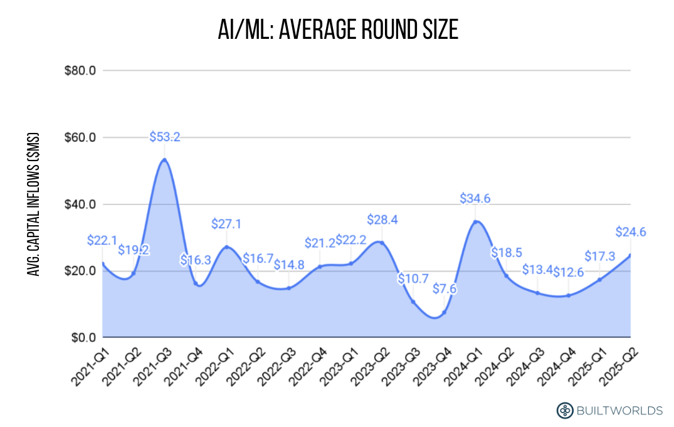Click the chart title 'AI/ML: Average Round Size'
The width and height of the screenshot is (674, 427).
338,29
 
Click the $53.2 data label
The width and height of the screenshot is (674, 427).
164,137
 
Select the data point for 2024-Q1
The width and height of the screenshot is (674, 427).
475,222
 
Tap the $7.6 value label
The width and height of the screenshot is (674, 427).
444,290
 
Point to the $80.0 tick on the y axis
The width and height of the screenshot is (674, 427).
80,70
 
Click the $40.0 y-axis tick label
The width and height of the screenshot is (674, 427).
80,204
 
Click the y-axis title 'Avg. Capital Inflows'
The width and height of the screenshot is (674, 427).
34,204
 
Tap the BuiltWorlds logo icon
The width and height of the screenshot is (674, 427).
564,411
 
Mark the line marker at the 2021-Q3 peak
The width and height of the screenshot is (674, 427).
164,160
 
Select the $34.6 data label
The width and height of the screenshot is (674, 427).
475,199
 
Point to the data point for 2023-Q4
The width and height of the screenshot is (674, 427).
444,312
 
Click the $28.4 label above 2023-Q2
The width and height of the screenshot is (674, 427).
382,220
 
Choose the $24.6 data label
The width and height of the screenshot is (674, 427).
630,232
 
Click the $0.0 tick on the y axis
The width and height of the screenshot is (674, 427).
82,338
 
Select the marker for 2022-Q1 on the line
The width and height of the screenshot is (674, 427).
226,247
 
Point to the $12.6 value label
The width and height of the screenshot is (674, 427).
568,273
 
